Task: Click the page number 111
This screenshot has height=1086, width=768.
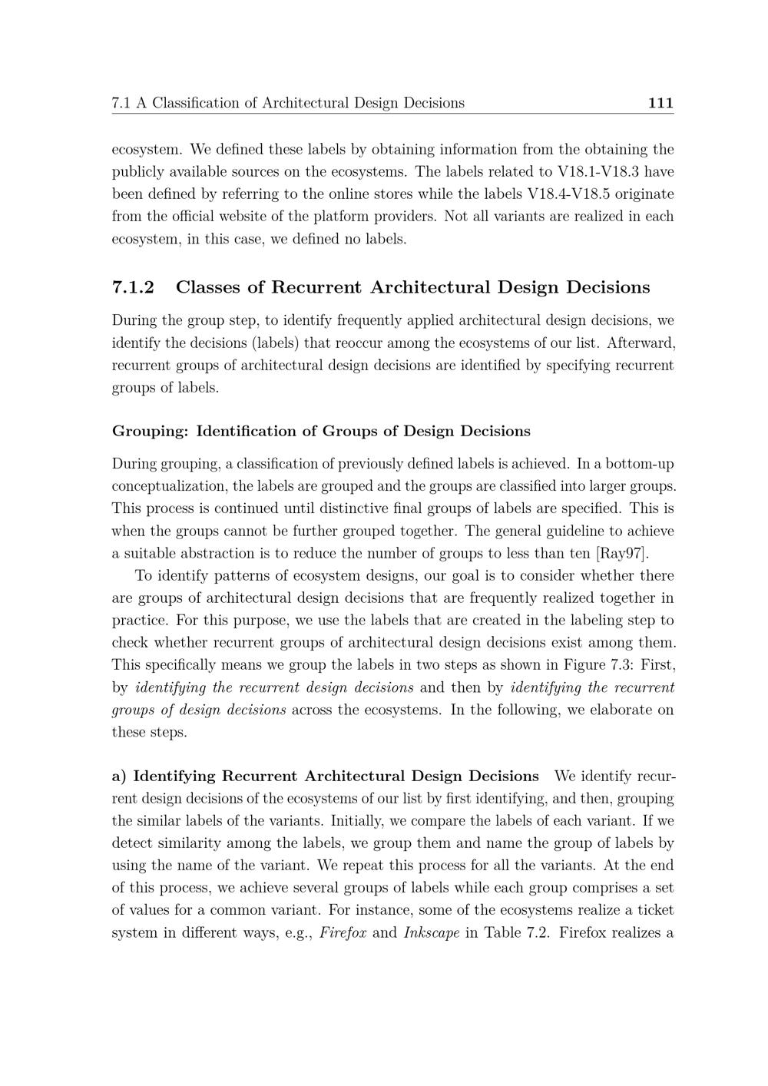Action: click(660, 103)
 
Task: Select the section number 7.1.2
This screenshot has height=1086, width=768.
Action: click(133, 287)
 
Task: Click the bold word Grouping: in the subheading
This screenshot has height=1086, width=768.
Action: click(150, 431)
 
